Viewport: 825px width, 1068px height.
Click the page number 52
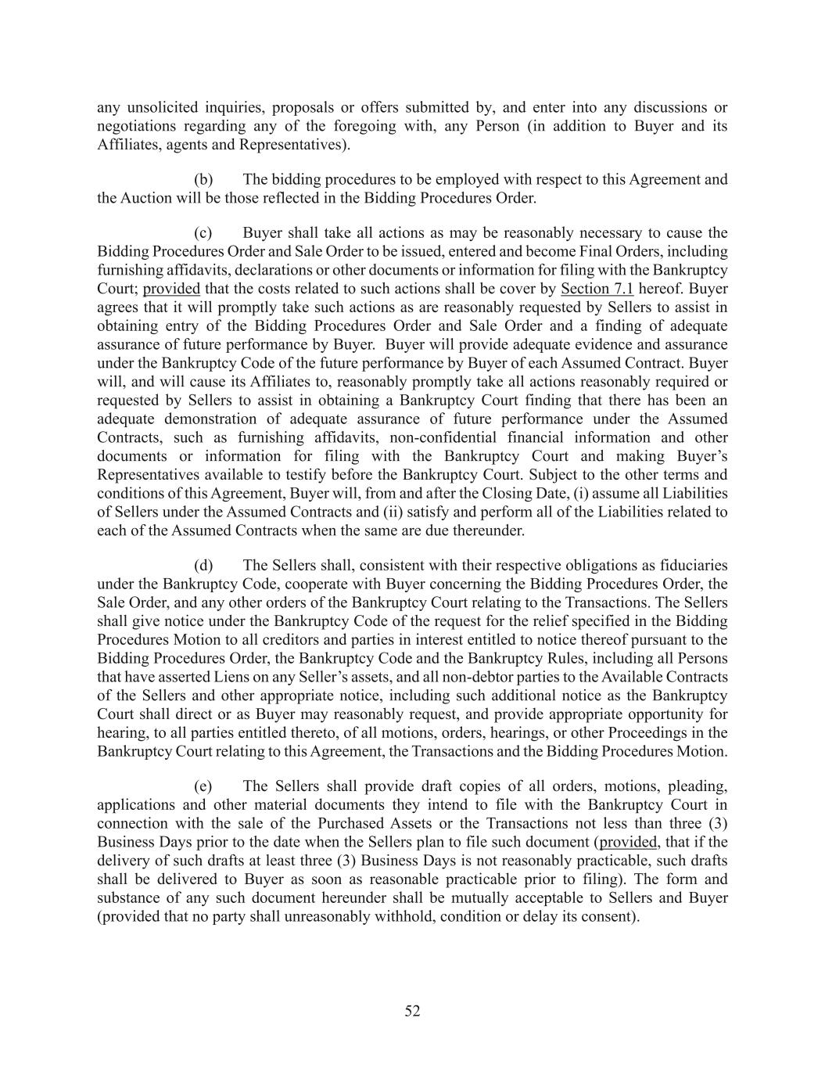(x=412, y=1011)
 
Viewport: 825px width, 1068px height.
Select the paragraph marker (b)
(x=203, y=179)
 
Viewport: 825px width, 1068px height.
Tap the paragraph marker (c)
(x=203, y=232)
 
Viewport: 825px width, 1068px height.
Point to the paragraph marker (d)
(x=203, y=565)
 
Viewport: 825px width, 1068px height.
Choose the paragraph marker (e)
(x=203, y=786)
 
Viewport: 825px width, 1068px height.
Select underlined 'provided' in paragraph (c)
(x=171, y=289)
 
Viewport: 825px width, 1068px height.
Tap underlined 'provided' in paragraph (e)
(x=628, y=842)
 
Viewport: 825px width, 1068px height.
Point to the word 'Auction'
(x=145, y=198)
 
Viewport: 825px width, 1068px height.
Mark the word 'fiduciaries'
(x=691, y=565)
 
